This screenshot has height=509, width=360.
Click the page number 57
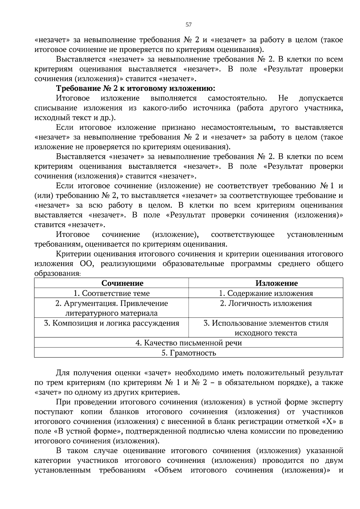point(188,25)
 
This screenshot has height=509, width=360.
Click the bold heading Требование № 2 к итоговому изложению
point(136,89)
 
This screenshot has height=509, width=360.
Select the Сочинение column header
point(122,283)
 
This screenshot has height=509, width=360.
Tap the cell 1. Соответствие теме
point(112,293)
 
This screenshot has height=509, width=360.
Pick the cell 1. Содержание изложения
point(266,293)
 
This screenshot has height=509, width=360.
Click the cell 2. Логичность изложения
point(266,303)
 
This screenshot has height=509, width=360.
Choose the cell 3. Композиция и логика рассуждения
point(112,323)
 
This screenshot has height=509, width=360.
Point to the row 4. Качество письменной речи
point(188,343)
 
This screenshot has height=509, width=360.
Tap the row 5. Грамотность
point(188,353)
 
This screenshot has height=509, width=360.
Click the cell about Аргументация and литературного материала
point(112,308)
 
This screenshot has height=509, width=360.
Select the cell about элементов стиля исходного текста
point(266,328)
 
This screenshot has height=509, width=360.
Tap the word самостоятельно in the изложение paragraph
point(237,98)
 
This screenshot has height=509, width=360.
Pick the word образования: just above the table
point(57,273)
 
